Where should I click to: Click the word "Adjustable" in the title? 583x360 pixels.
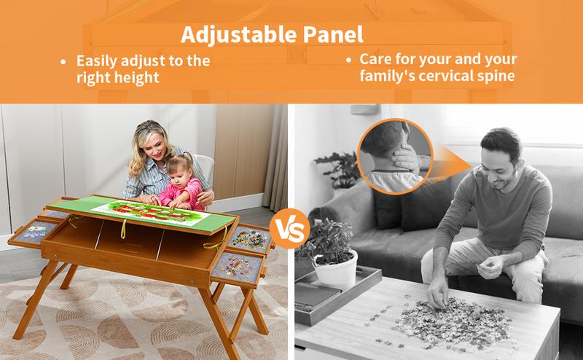click(239, 35)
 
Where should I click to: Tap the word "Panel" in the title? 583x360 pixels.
click(333, 34)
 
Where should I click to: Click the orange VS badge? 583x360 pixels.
click(289, 229)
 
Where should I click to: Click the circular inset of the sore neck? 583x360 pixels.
click(395, 156)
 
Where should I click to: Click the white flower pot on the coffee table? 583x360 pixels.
click(335, 270)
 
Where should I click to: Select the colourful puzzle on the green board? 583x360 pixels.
click(149, 211)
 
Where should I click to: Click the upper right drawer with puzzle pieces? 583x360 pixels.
click(251, 239)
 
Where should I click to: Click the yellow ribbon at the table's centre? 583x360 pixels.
click(123, 229)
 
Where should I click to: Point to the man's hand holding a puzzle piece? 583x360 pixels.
click(490, 266)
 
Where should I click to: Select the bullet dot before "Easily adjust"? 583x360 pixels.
click(63, 61)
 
